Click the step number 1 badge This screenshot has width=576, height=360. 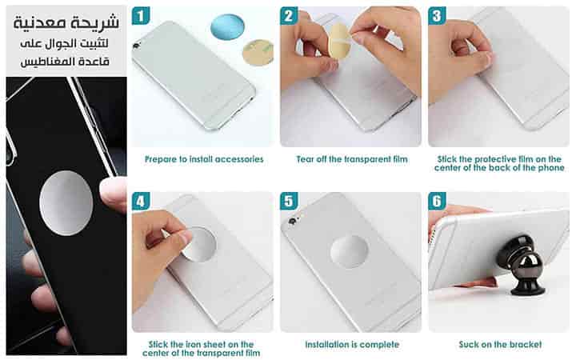(x=141, y=16)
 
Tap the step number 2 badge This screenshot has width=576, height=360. (x=289, y=16)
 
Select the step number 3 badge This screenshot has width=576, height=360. (x=437, y=16)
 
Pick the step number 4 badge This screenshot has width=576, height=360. (x=141, y=202)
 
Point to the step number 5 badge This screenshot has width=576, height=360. (x=289, y=202)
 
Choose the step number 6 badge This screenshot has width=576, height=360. (x=437, y=202)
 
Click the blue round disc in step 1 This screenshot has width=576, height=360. (x=228, y=27)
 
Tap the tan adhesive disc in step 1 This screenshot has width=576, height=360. (x=258, y=53)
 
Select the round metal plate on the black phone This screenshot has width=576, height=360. (x=66, y=202)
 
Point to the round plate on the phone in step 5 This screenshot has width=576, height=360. (x=349, y=252)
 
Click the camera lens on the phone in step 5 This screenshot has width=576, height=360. (x=292, y=221)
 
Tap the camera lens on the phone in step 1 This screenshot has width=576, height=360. (x=137, y=46)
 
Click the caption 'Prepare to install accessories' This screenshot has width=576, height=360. (x=204, y=159)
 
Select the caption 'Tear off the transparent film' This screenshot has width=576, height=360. (x=352, y=159)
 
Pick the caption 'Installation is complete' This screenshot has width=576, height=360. (x=352, y=345)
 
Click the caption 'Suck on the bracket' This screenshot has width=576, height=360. (x=500, y=345)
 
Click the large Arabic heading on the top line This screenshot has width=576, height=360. (x=66, y=22)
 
